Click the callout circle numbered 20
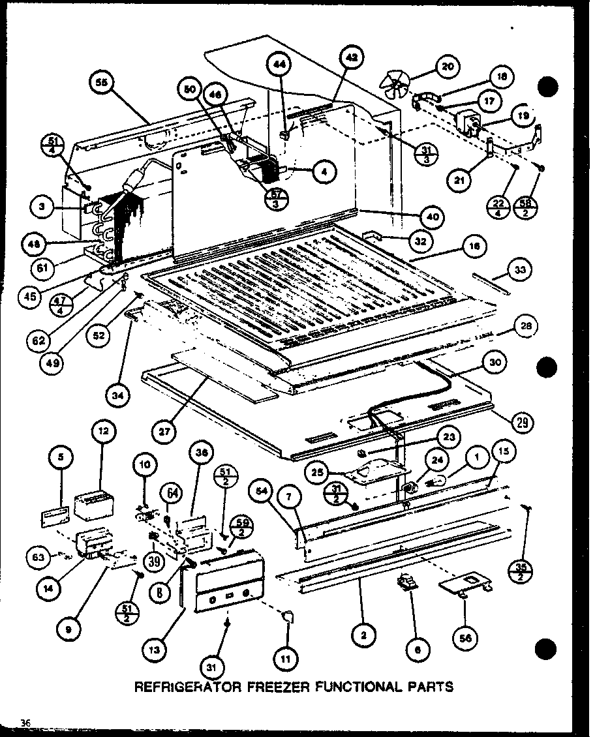tap(447, 66)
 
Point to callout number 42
tap(351, 58)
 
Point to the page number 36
tap(25, 721)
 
